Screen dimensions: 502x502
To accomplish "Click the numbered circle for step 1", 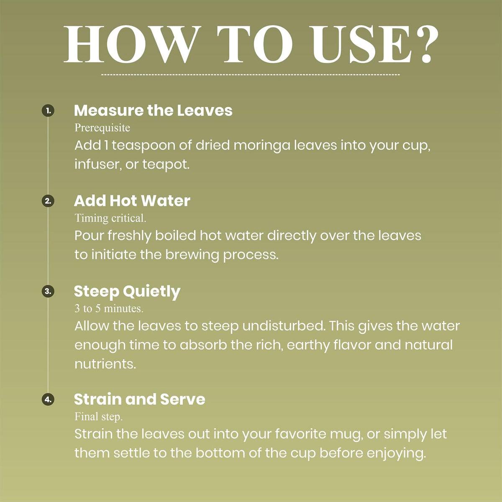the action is [x=48, y=111].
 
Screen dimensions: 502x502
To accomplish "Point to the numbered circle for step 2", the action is [x=48, y=201].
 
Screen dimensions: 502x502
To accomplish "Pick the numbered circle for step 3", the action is [x=48, y=291].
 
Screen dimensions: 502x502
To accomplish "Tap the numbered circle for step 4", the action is [x=48, y=400].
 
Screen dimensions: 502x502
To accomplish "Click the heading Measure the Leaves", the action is [x=153, y=110].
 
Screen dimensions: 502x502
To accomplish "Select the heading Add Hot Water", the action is [x=132, y=201].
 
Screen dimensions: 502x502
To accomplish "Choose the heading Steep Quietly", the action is [x=127, y=292].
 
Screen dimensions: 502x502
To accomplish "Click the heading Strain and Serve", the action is [x=140, y=399].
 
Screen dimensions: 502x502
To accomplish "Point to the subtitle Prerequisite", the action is [x=102, y=128].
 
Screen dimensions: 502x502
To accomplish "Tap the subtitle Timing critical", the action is [x=110, y=218].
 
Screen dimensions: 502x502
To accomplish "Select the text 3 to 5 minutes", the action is [x=109, y=309].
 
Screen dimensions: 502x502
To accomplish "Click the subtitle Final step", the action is [x=98, y=417].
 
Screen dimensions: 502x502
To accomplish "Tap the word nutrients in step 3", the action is [x=105, y=364].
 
